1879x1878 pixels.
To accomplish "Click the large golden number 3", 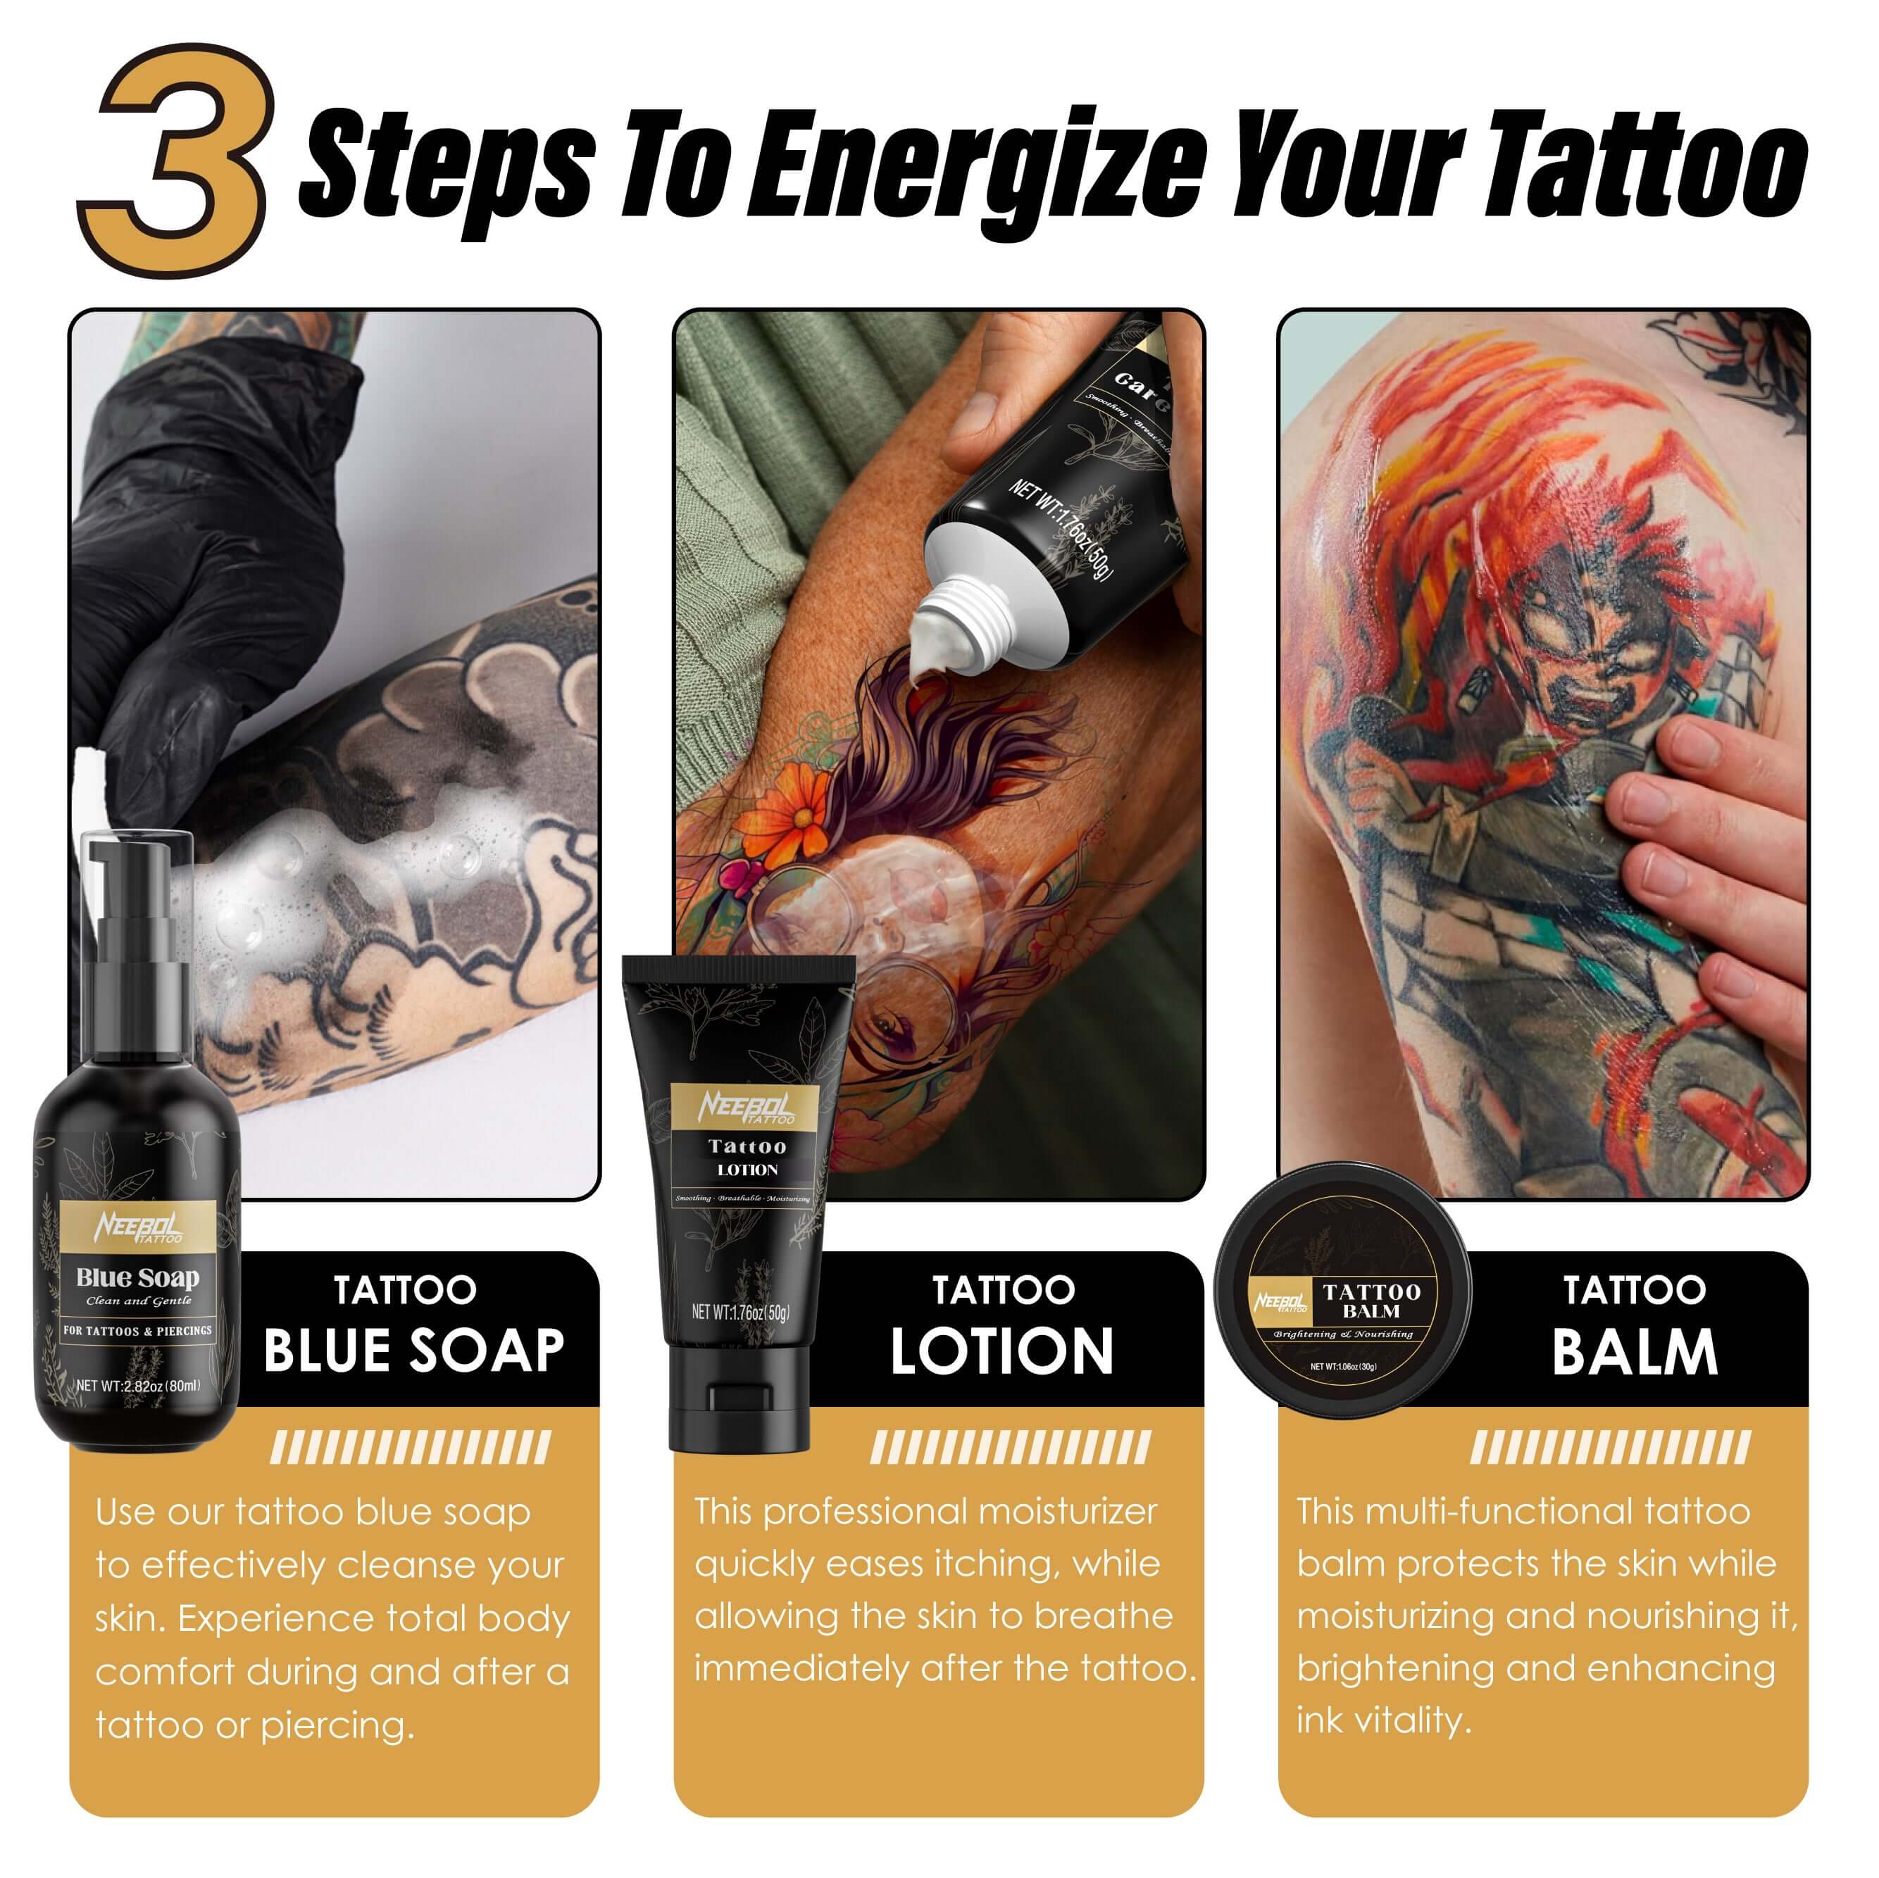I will click(x=175, y=161).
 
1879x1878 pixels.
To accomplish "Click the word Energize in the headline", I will click(x=973, y=165).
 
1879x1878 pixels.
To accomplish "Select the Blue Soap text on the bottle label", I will click(x=137, y=1277).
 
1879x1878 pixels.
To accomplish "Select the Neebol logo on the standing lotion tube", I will click(x=746, y=1107).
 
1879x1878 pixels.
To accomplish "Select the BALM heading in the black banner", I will click(x=1634, y=1352).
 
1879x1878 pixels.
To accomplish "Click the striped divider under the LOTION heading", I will click(x=1009, y=1447).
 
